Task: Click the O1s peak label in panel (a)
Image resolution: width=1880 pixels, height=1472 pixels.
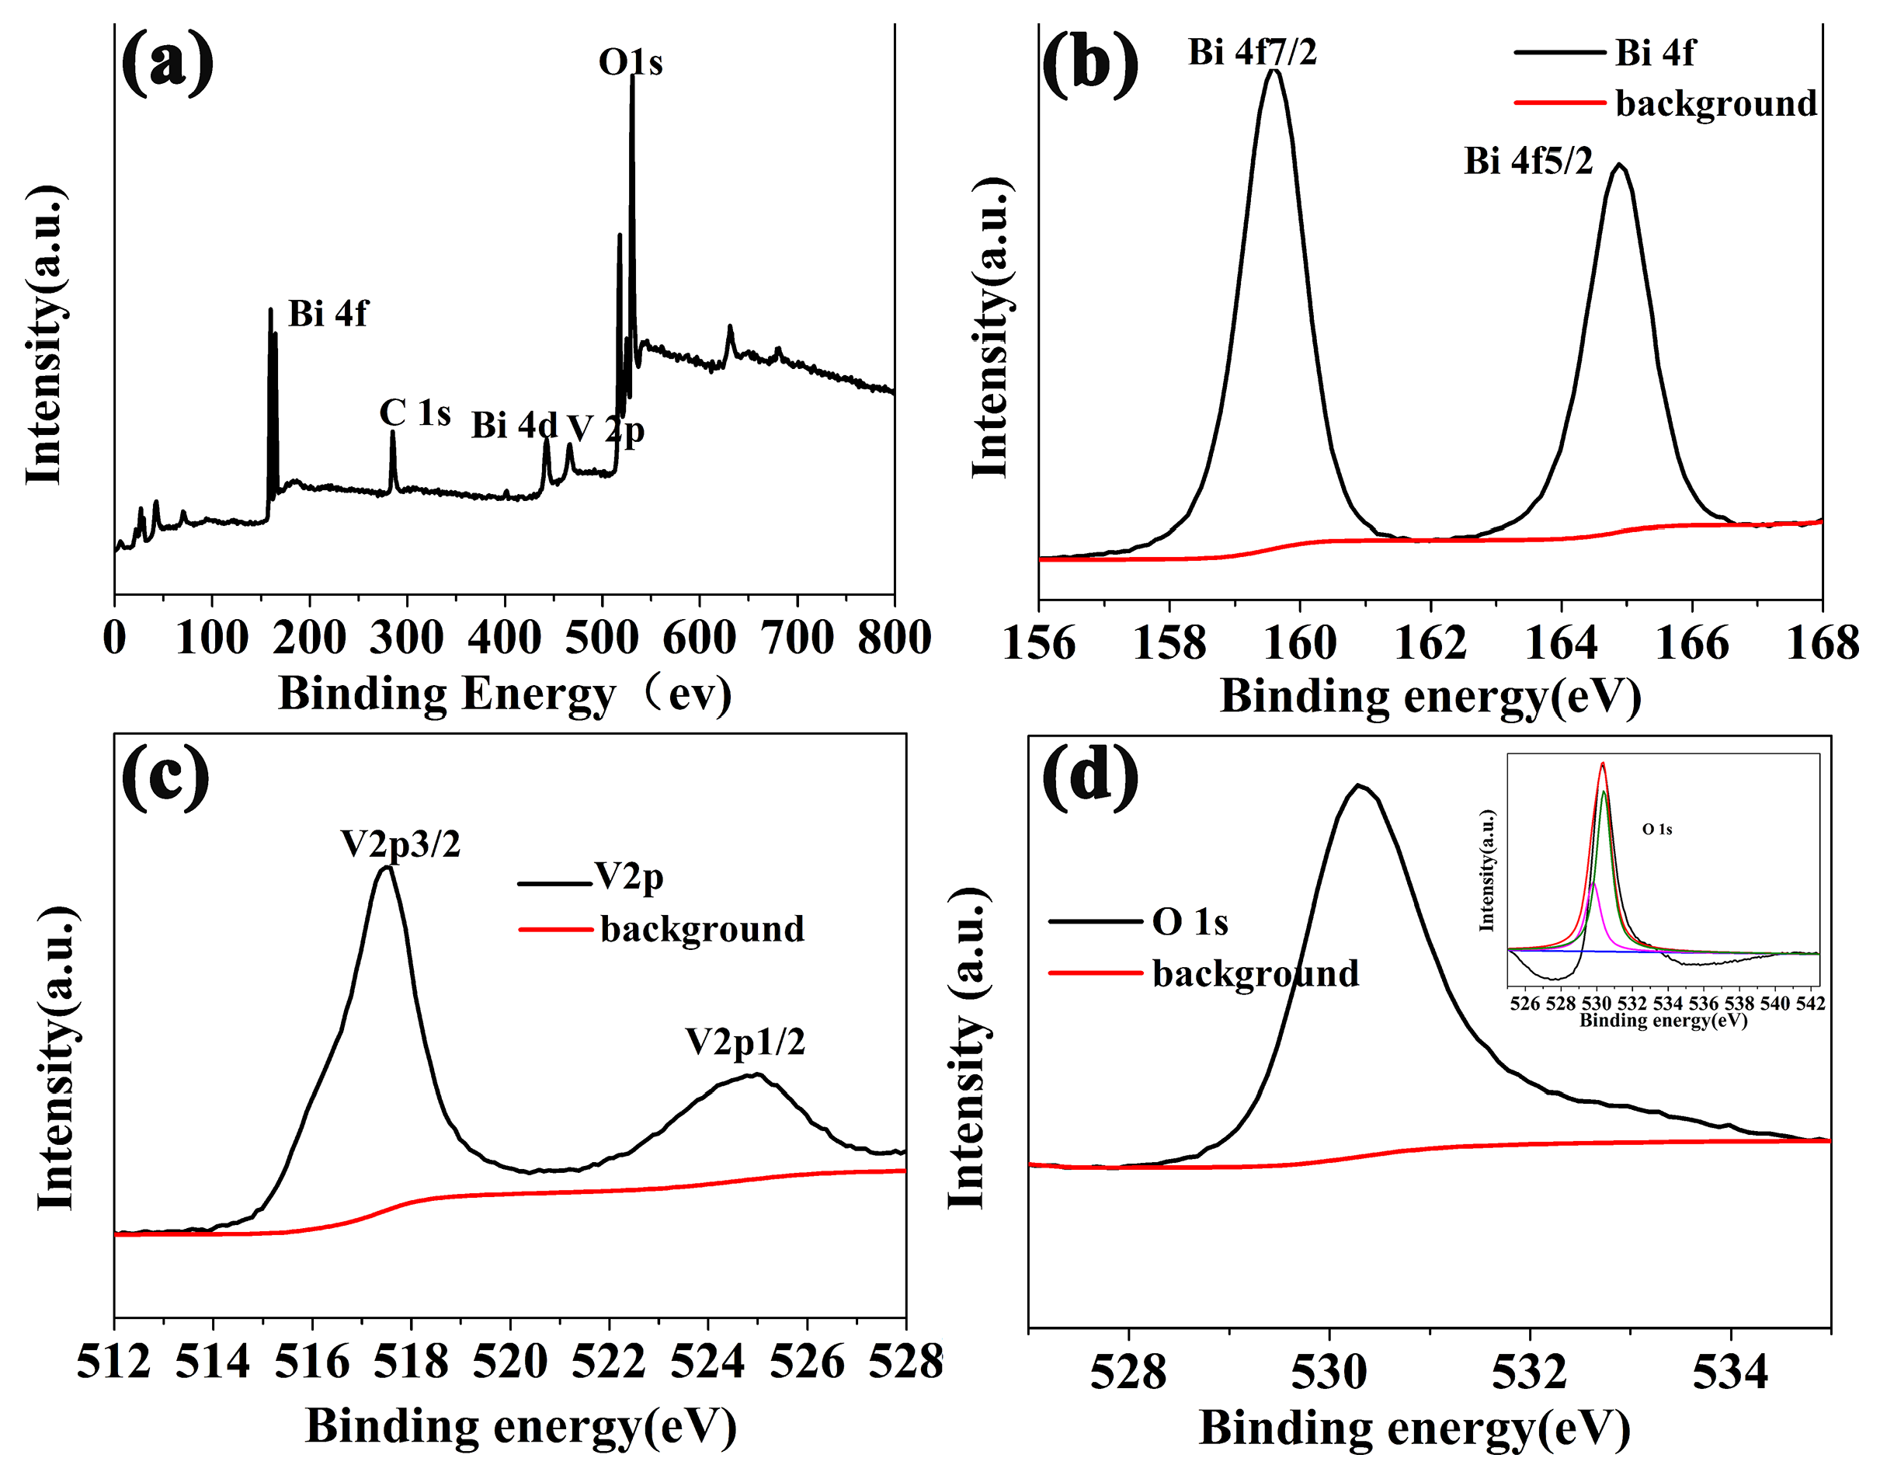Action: (631, 62)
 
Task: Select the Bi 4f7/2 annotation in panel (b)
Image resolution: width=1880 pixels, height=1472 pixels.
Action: (1252, 53)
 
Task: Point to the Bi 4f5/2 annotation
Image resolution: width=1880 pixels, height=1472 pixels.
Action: (1527, 161)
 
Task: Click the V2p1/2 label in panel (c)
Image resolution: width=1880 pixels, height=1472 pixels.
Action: (745, 1042)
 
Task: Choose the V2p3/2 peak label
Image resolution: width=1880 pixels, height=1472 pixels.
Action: (401, 844)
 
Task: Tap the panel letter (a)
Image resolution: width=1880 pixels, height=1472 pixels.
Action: (167, 62)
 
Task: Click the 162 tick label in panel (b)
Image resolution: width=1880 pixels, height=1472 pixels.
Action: (1430, 644)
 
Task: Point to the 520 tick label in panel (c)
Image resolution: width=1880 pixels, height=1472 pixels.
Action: (510, 1362)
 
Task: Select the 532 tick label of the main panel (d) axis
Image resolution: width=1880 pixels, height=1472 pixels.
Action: (1529, 1373)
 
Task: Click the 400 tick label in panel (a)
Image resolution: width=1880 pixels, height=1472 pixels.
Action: (505, 639)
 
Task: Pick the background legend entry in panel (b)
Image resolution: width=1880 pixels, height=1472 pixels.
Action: (1715, 103)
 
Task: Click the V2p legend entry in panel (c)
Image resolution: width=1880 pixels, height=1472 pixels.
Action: (629, 877)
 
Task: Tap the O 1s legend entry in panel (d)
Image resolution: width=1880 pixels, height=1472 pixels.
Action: (1189, 922)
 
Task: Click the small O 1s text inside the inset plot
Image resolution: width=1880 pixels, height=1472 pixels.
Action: (1657, 829)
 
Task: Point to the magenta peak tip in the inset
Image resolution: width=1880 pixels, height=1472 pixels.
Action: (1594, 883)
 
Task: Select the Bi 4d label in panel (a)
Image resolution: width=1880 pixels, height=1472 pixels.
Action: (513, 426)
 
